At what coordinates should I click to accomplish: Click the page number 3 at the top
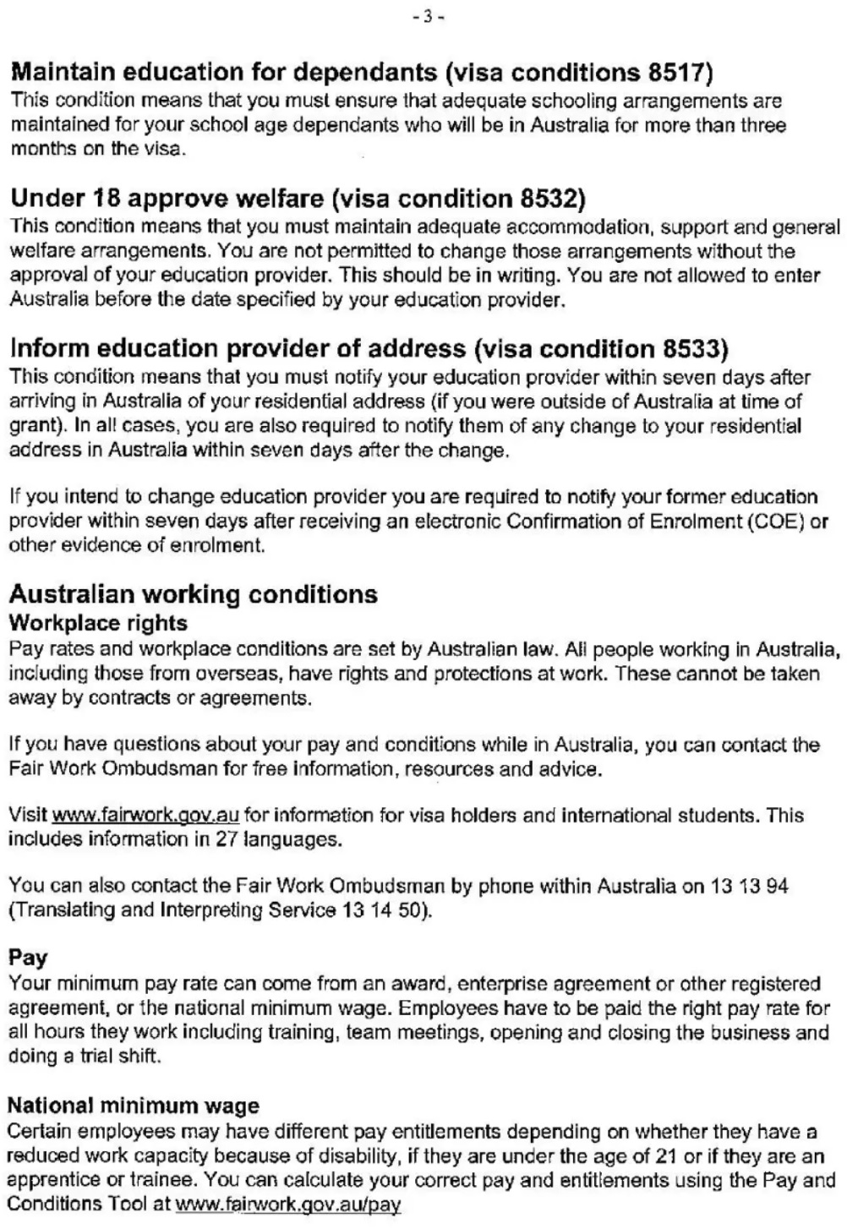point(428,16)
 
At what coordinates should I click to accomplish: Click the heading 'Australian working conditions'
point(193,593)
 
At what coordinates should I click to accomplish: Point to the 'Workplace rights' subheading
point(98,623)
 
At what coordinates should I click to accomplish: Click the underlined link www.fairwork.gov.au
point(145,816)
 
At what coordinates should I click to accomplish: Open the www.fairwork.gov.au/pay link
point(287,1204)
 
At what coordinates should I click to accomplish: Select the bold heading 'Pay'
point(28,958)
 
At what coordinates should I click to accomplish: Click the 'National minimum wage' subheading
point(133,1106)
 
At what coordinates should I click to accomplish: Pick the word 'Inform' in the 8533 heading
point(47,348)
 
